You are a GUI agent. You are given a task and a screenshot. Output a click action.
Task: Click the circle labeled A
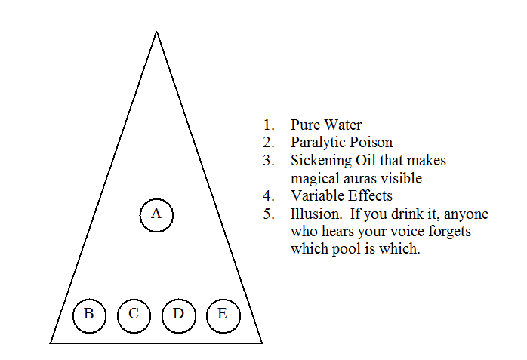point(156,215)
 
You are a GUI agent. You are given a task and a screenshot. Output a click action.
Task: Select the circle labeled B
point(89,315)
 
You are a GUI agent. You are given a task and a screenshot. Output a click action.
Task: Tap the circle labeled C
point(134,315)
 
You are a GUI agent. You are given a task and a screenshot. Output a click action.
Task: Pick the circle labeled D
point(179,315)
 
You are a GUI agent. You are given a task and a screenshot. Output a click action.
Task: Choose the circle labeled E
point(223,315)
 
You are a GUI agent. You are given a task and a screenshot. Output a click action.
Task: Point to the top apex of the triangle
point(156,31)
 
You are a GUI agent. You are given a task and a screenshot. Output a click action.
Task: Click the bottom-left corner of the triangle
point(50,343)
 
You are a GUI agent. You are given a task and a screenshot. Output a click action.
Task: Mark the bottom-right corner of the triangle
point(262,343)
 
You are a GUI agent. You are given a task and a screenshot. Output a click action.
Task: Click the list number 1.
point(269,125)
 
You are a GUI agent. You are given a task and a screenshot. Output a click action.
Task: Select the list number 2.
point(269,143)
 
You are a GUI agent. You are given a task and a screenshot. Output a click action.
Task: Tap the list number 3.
point(269,161)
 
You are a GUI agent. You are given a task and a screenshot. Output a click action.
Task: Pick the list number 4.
point(269,195)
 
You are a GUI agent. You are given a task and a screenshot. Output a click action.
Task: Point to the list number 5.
point(269,214)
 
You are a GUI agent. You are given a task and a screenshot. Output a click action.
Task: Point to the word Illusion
point(316,214)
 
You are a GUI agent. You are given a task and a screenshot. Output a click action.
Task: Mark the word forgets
point(449,232)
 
